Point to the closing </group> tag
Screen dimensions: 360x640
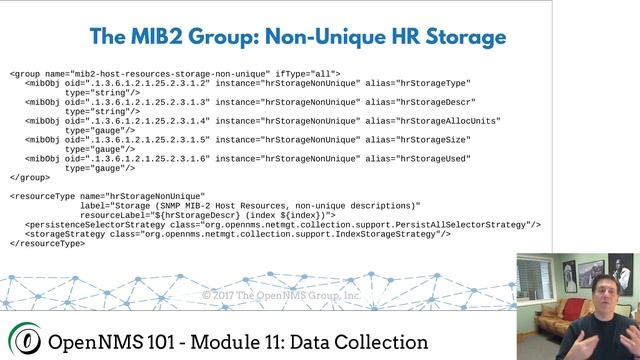[29, 177]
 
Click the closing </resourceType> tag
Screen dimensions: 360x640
[48, 243]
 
